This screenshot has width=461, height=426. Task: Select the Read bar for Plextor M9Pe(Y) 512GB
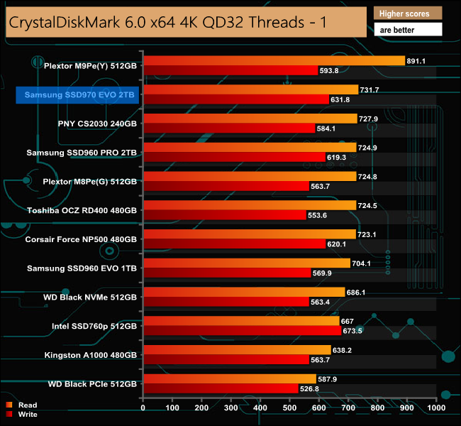(x=274, y=60)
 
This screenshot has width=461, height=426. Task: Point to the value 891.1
(x=416, y=61)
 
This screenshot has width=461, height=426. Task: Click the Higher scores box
(x=408, y=13)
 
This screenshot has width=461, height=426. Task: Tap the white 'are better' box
(x=408, y=30)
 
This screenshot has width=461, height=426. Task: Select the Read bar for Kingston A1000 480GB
(x=237, y=349)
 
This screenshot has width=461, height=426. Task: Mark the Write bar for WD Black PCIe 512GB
(x=221, y=388)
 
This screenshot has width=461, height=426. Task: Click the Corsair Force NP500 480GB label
(x=81, y=239)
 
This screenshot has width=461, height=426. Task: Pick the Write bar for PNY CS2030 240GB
(x=229, y=128)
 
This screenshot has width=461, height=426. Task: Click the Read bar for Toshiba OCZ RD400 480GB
(x=250, y=204)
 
